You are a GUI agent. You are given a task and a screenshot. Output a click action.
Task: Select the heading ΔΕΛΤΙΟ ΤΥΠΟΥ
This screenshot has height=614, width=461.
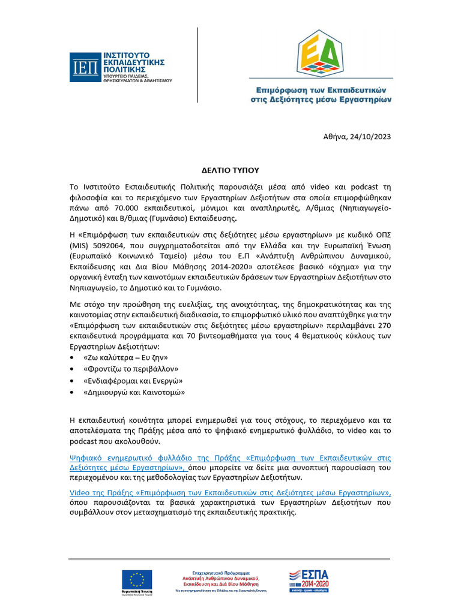point(230,170)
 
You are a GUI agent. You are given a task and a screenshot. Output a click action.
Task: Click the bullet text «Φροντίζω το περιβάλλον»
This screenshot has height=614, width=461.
point(131,369)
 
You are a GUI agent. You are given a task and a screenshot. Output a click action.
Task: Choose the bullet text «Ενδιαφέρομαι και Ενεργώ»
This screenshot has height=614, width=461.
point(133,381)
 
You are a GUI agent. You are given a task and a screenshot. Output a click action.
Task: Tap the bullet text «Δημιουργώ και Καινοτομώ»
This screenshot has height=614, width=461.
point(134,393)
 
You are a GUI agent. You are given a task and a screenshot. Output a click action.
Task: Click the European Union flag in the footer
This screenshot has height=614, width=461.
point(137,579)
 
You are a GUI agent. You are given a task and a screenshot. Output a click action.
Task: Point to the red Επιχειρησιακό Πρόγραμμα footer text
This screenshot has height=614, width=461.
point(225,573)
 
